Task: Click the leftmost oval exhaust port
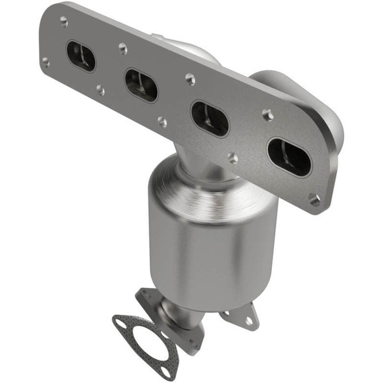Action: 81,56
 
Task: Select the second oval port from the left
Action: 141,85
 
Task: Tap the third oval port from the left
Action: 210,119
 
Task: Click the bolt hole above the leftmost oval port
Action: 64,21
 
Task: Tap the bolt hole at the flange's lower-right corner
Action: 314,199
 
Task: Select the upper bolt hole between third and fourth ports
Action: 267,115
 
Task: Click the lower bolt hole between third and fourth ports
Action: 233,157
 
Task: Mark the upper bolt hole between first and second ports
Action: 123,47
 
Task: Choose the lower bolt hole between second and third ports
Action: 162,121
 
